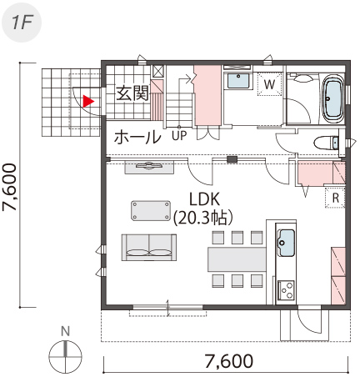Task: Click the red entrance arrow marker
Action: point(88,101)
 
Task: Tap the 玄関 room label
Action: point(132,93)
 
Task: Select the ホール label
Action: point(137,138)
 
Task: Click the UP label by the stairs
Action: point(179,136)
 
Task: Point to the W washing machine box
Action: point(269,84)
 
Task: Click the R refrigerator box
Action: point(336,198)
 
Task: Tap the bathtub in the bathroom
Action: point(333,98)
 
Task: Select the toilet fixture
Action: point(327,143)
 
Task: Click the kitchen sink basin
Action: point(286,243)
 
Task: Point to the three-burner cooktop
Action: point(287,290)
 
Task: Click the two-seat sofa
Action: point(149,248)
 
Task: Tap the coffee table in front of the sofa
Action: point(151,210)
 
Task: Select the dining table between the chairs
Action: point(237,259)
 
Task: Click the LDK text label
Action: point(205,199)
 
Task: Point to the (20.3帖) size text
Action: point(202,219)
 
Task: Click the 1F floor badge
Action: point(22,23)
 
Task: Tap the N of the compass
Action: point(65,331)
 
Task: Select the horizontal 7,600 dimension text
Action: point(229,361)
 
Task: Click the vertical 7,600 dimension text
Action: point(10,187)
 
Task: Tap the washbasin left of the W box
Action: point(239,81)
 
